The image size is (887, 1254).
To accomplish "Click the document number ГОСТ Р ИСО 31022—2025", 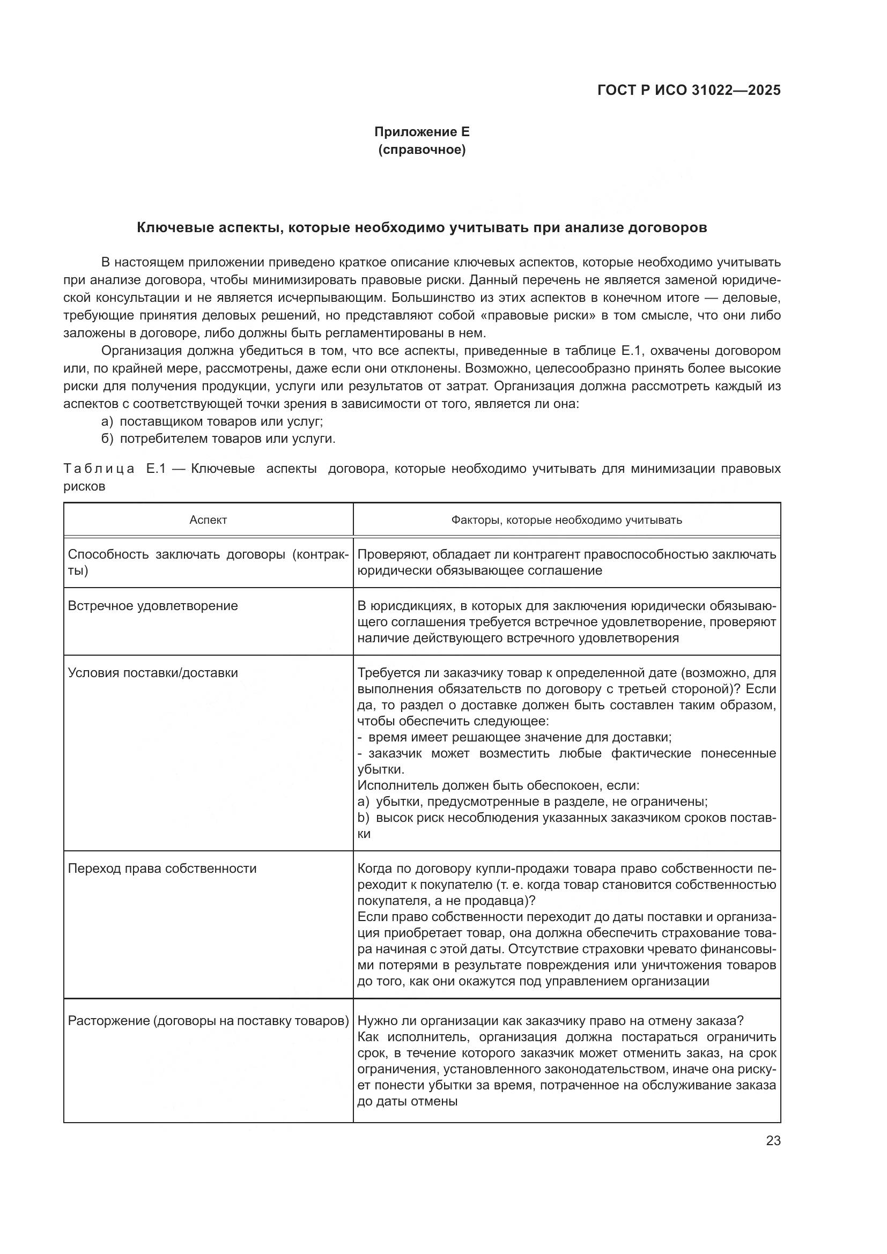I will click(689, 90).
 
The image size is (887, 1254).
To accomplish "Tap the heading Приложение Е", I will click(422, 132).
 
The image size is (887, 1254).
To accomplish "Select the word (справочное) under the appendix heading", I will click(422, 150).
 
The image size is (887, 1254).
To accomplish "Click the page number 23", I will click(773, 1141).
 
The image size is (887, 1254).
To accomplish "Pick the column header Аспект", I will click(208, 520).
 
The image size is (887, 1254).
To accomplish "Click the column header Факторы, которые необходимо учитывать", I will click(566, 520).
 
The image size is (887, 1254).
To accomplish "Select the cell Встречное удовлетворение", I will click(153, 606).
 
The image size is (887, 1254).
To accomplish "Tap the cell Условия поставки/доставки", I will click(153, 673).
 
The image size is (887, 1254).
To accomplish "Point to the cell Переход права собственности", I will click(162, 869).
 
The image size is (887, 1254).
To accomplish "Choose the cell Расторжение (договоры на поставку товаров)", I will click(208, 1021).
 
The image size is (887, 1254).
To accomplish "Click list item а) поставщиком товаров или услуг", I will click(212, 421).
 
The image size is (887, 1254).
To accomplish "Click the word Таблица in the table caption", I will click(99, 469).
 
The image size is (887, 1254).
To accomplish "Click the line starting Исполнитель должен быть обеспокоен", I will click(498, 786).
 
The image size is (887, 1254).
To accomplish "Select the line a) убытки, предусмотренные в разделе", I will click(533, 802).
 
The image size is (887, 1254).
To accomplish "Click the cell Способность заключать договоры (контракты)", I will click(208, 562).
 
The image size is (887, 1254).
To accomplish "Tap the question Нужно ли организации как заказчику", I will click(551, 1021).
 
